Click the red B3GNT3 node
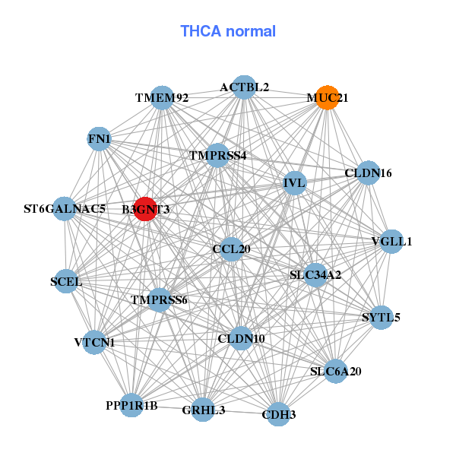click(145, 209)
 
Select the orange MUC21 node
click(327, 97)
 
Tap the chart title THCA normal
click(228, 31)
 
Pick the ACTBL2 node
click(244, 87)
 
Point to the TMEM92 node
click(163, 98)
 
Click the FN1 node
click(99, 139)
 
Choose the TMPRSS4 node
click(217, 155)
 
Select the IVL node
click(295, 183)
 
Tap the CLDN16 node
click(368, 173)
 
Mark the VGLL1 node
click(391, 242)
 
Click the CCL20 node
click(231, 249)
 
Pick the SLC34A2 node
click(315, 275)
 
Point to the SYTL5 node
click(381, 317)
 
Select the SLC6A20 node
click(336, 371)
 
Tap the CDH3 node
click(279, 414)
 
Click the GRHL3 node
click(203, 410)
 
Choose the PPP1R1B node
click(131, 405)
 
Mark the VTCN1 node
click(94, 342)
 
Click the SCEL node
click(66, 281)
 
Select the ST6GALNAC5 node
click(65, 208)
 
